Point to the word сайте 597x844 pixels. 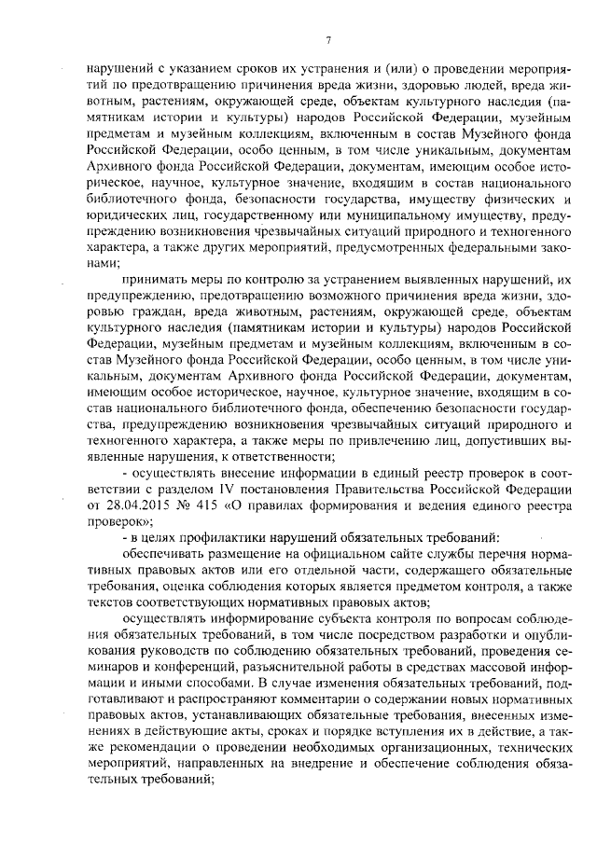[357, 553]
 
